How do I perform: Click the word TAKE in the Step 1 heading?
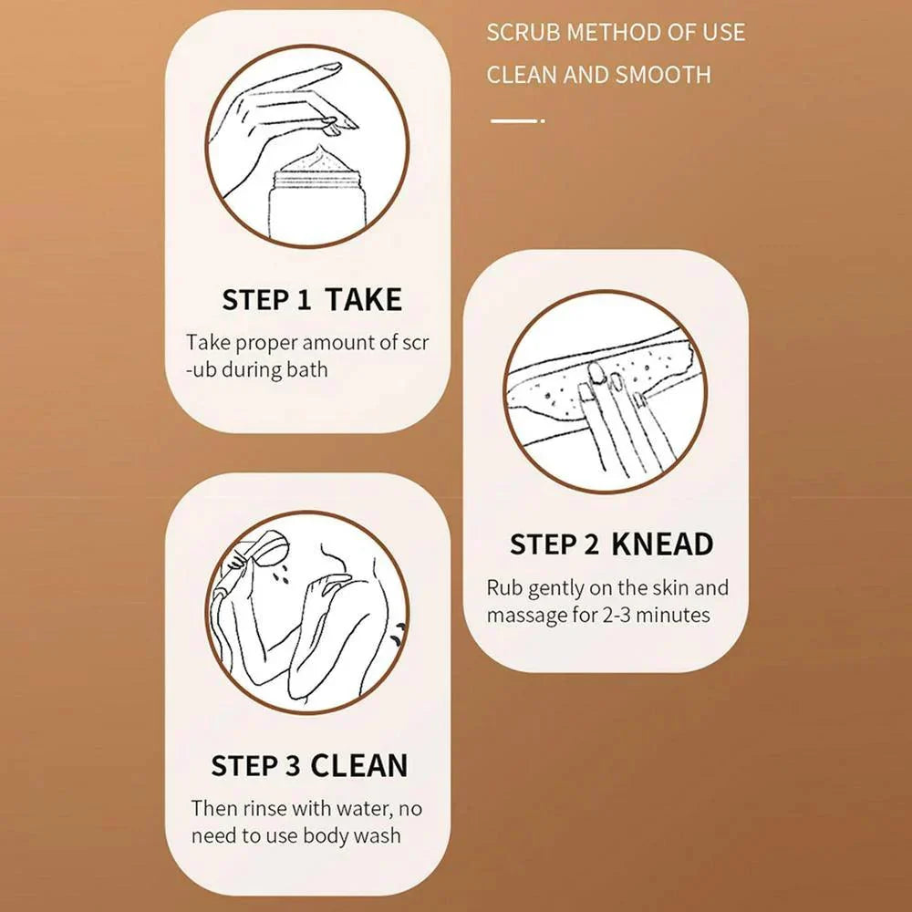[364, 299]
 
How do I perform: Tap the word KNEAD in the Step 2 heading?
[662, 544]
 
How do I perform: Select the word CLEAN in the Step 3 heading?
[358, 765]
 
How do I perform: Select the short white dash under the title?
[517, 121]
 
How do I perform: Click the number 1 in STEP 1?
[304, 299]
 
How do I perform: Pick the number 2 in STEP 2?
[590, 544]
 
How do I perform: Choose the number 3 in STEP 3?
[293, 765]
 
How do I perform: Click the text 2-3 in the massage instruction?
[616, 616]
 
